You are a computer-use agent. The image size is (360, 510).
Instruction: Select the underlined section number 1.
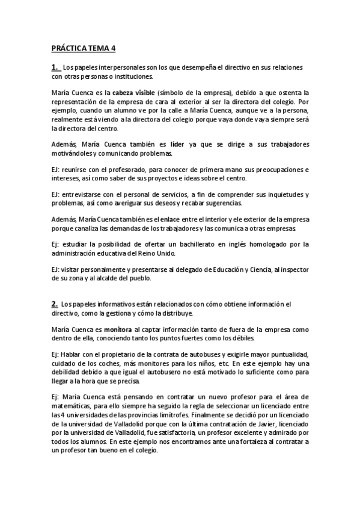[55, 67]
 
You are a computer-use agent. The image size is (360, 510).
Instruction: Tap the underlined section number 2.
[55, 304]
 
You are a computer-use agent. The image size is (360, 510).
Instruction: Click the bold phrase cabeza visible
[133, 93]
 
